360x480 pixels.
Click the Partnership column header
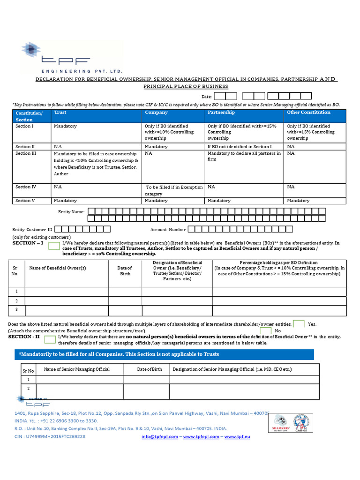pyautogui.click(x=221, y=112)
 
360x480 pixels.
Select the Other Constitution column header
pyautogui.click(x=308, y=112)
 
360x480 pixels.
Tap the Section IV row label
pyautogui.click(x=26, y=187)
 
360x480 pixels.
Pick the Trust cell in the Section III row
pyautogui.click(x=96, y=164)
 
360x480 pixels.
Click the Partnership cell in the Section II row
pyautogui.click(x=239, y=147)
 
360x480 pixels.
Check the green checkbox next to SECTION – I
pyautogui.click(x=54, y=247)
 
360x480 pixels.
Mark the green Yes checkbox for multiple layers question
pyautogui.click(x=299, y=324)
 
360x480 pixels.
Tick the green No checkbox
pyautogui.click(x=266, y=331)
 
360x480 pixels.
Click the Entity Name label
pyautogui.click(x=71, y=212)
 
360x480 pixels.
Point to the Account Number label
pyautogui.click(x=168, y=230)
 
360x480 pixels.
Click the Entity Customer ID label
pyautogui.click(x=32, y=230)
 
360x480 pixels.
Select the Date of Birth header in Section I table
pyautogui.click(x=125, y=271)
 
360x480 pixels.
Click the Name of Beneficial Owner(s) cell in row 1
pyautogui.click(x=67, y=292)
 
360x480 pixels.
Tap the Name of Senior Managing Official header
pyautogui.click(x=76, y=369)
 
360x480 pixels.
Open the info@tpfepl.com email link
pyautogui.click(x=159, y=436)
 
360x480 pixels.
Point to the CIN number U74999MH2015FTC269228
pyautogui.click(x=50, y=436)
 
